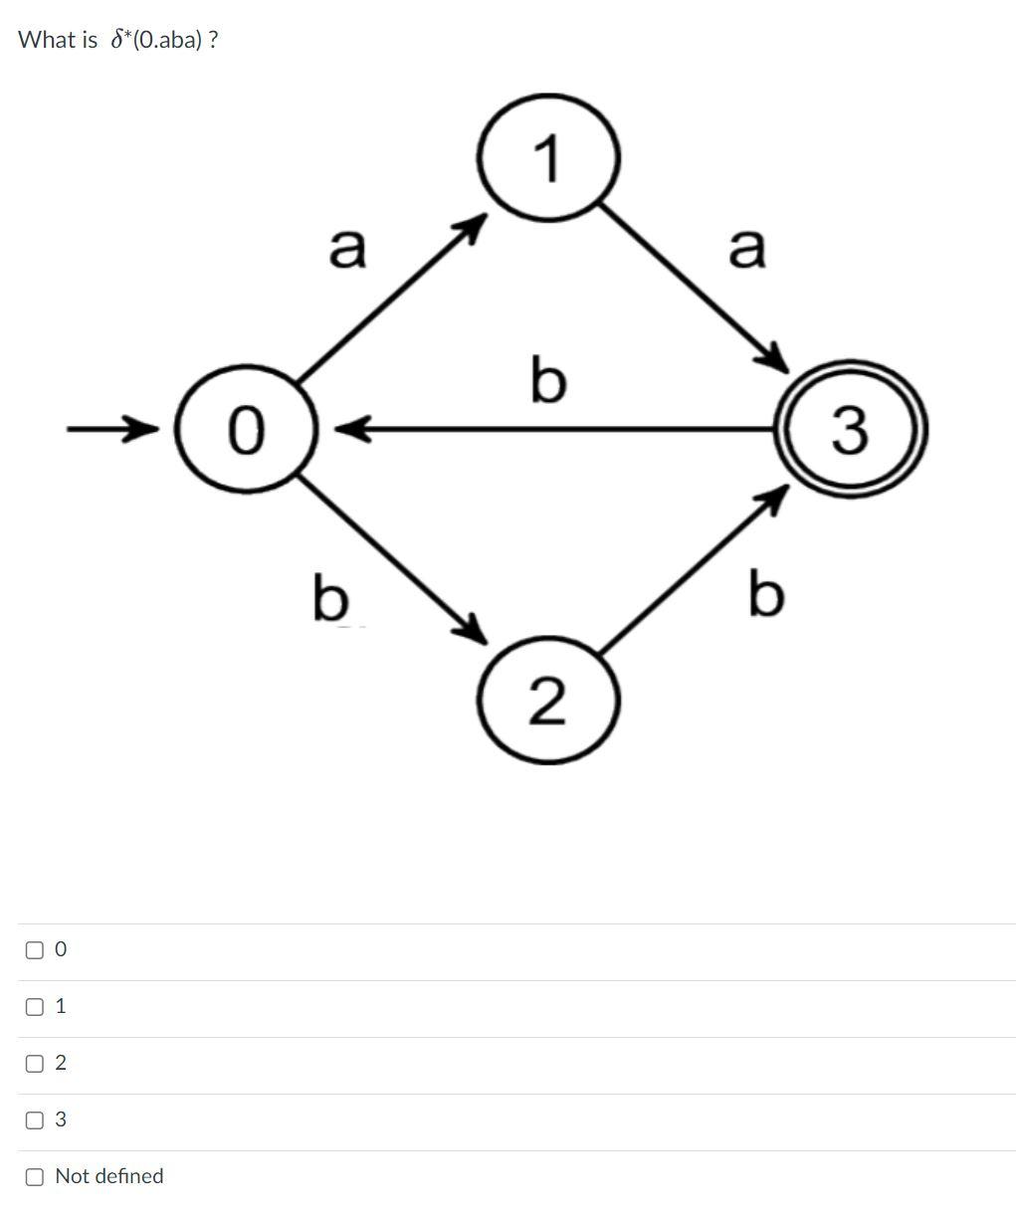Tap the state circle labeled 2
(549, 701)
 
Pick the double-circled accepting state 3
(851, 429)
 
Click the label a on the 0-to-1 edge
(347, 247)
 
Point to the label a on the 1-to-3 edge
(747, 247)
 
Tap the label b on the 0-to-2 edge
(330, 596)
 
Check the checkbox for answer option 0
(35, 949)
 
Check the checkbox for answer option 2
(35, 1063)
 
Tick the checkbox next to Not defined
(35, 1176)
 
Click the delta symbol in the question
(117, 40)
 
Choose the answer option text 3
(61, 1119)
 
